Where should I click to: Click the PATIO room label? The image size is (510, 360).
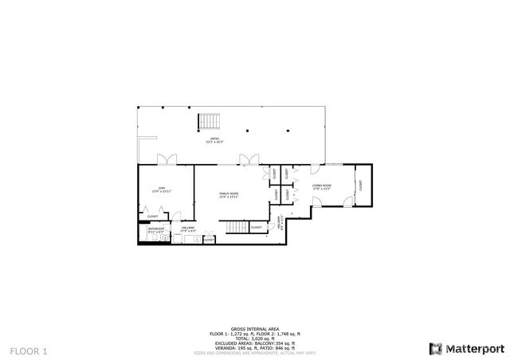click(215, 139)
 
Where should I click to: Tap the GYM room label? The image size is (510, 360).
click(161, 188)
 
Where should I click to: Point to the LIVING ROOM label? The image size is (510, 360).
click(321, 186)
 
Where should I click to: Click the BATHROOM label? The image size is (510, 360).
click(155, 229)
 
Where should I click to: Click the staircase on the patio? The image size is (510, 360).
click(209, 121)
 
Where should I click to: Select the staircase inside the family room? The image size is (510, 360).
click(234, 228)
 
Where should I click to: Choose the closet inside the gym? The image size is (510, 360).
click(152, 216)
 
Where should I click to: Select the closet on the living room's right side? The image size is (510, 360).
click(360, 186)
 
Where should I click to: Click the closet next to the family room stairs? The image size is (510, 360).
click(256, 227)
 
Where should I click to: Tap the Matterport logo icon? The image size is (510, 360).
click(434, 348)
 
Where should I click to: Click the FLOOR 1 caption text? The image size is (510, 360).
click(29, 350)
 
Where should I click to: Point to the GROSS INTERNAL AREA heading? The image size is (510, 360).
click(254, 328)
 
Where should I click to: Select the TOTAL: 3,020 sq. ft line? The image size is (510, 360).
click(255, 338)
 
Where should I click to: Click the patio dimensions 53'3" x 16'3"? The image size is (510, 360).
click(215, 143)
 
